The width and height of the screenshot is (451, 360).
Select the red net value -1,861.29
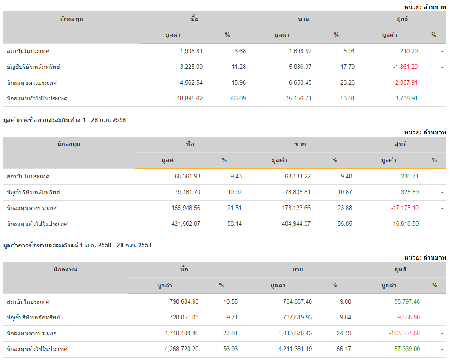pyautogui.click(x=405, y=67)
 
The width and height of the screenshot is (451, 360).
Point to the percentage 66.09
pyautogui.click(x=239, y=98)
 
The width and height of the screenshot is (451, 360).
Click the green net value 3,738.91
pyautogui.click(x=406, y=98)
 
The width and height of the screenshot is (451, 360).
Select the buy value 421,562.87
pyautogui.click(x=185, y=224)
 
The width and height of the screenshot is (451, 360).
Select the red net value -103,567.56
pyautogui.click(x=404, y=333)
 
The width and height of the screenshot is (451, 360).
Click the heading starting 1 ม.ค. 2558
pyautogui.click(x=77, y=246)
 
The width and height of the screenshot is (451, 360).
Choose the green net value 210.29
pyautogui.click(x=409, y=51)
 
